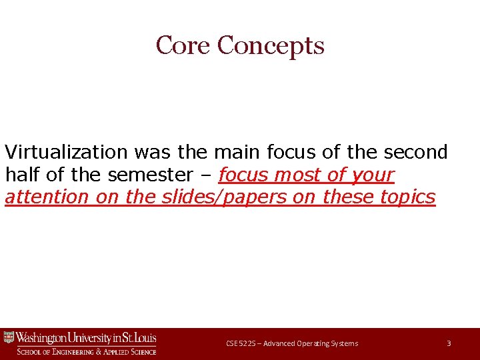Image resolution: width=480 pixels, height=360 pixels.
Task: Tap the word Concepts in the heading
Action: pos(271,45)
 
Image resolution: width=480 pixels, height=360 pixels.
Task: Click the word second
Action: pos(416,153)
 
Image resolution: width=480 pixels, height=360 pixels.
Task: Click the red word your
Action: pos(372,175)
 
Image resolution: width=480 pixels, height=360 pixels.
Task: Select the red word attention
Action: pos(47,197)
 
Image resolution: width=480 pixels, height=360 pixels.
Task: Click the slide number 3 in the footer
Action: pos(449,343)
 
